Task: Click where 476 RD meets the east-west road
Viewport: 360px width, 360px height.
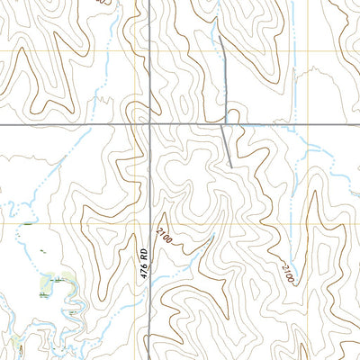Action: tap(149, 124)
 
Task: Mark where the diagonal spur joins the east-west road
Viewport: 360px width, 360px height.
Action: tap(223, 124)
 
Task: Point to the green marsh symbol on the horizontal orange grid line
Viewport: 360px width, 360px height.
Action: tap(30, 223)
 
